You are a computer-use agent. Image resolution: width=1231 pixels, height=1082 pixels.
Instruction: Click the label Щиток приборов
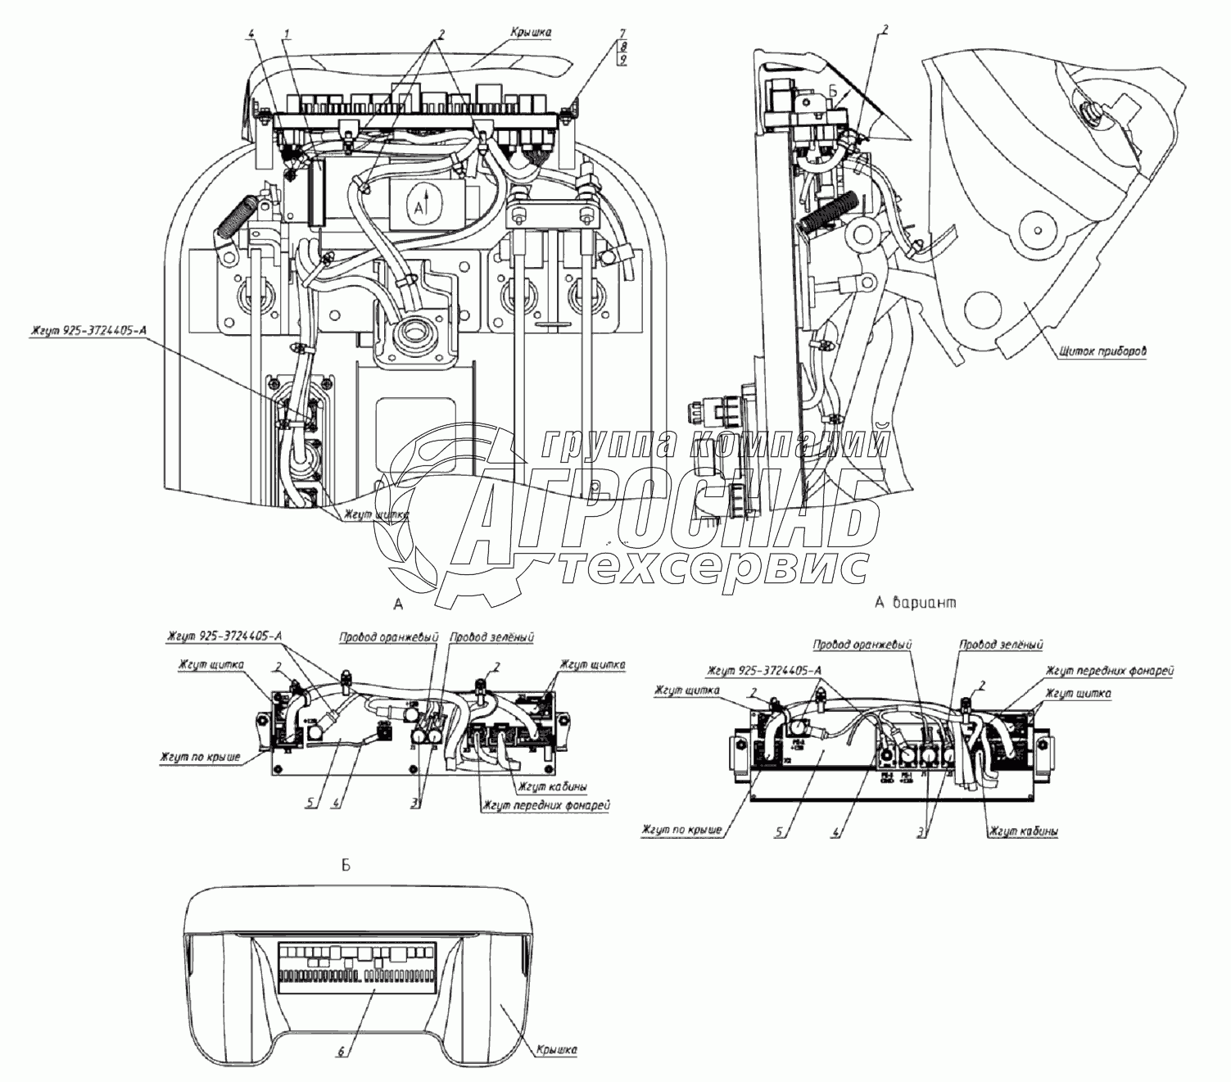pos(1102,351)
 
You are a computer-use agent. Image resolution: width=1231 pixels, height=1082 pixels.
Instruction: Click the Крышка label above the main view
pos(531,32)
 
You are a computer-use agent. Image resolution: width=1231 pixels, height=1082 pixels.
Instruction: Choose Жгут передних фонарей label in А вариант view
pos(1111,671)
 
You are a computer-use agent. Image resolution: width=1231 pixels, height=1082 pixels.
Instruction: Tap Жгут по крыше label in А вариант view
pos(682,831)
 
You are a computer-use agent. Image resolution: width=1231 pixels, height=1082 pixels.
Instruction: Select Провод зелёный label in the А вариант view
pos(1002,645)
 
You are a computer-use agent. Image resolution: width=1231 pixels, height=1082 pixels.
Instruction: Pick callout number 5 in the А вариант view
pos(783,832)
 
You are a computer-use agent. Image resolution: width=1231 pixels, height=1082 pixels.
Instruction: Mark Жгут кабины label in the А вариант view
pos(1022,831)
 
